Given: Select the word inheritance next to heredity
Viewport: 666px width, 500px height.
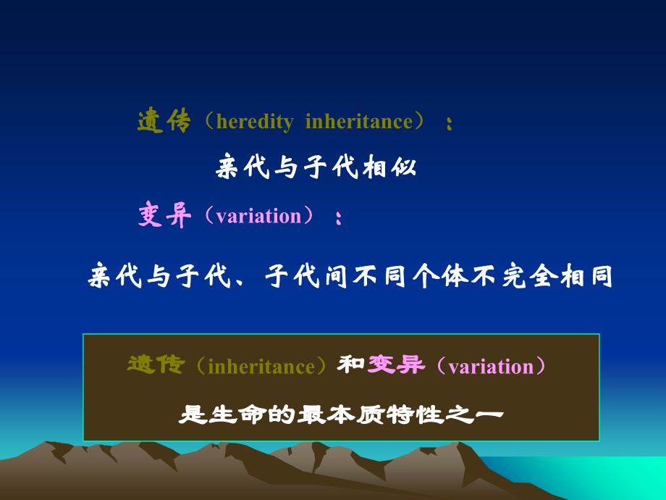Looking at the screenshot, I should click(x=358, y=122).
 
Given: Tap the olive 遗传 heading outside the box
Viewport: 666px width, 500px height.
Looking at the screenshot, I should click(x=164, y=121).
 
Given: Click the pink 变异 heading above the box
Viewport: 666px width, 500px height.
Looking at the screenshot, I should click(x=164, y=215).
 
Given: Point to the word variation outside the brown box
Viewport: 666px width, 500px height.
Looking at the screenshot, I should click(x=258, y=216).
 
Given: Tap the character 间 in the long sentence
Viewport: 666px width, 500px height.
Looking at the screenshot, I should click(x=334, y=276).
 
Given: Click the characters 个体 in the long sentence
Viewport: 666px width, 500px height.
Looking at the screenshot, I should click(x=437, y=276).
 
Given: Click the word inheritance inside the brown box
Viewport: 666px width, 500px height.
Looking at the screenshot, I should click(x=261, y=367).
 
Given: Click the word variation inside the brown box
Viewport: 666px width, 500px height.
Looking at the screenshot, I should click(x=491, y=367).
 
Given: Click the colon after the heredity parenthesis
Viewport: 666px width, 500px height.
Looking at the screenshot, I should click(x=450, y=125).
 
